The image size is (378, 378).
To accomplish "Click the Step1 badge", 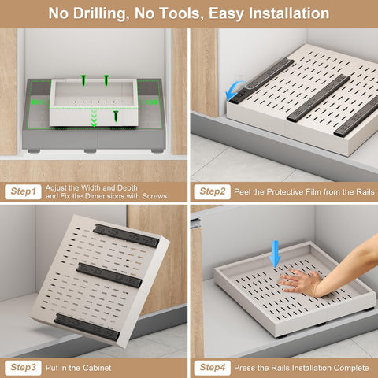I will tap(24, 191).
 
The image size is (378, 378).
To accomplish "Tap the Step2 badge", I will tap(213, 191).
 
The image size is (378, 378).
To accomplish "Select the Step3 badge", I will tap(24, 367).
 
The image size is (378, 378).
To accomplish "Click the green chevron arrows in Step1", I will tap(94, 119).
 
